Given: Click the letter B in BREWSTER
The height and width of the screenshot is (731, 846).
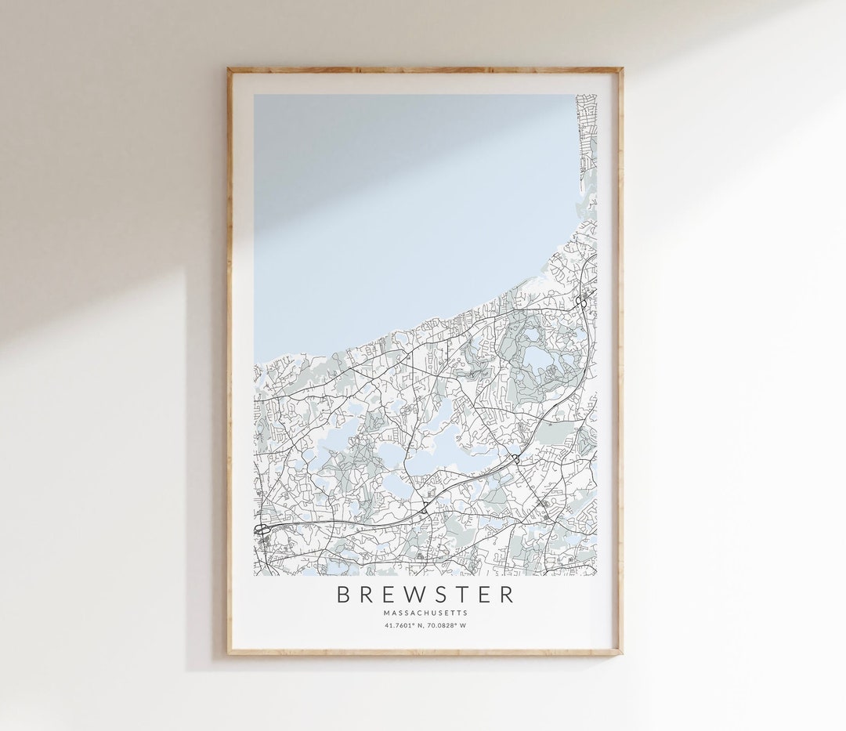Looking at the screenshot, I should [x=343, y=595].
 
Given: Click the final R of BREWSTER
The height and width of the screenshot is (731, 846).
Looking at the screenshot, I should [x=508, y=595].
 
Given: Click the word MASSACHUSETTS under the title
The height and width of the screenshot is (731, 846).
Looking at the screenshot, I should [x=425, y=613].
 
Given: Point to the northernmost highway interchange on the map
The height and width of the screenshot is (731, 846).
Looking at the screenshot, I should [x=581, y=301].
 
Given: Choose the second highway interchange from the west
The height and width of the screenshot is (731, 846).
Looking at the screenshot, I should [x=424, y=508].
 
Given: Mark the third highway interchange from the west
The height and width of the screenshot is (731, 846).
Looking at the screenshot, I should [x=516, y=458].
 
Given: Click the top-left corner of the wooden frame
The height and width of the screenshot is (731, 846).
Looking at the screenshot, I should [x=229, y=69].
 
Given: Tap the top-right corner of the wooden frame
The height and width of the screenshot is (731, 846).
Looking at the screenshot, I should [x=621, y=69].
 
